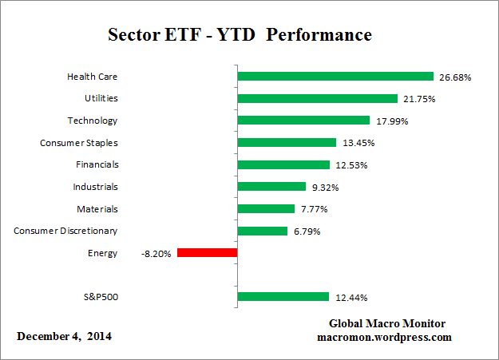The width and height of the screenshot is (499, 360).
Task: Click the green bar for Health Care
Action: (x=335, y=77)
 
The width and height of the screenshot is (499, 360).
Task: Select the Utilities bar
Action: (x=318, y=99)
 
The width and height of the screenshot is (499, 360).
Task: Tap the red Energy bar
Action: (x=208, y=253)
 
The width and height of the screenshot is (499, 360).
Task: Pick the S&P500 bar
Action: (x=283, y=297)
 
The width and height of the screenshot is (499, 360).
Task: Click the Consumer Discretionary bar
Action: (x=263, y=231)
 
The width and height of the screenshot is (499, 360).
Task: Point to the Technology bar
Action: (x=304, y=121)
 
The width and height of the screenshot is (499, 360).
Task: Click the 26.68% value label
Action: (x=455, y=77)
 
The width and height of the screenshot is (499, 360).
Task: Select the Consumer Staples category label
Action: (x=79, y=143)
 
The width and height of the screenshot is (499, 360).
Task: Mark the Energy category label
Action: (x=104, y=253)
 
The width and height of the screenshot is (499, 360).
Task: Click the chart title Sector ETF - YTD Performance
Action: (x=240, y=36)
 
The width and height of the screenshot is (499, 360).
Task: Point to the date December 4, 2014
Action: (x=65, y=336)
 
